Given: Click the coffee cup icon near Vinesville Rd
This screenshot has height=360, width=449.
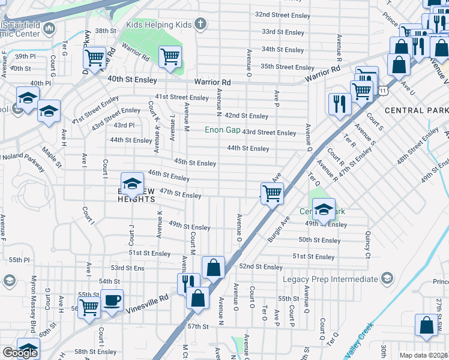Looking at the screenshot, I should (x=111, y=301).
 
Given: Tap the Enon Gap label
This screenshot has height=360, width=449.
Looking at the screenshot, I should (x=222, y=130).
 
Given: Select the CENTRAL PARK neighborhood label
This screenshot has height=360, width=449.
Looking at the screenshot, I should (x=416, y=110).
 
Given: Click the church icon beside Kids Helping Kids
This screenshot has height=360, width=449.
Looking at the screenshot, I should (x=200, y=25).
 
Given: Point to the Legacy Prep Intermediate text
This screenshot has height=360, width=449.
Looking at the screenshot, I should (x=330, y=279).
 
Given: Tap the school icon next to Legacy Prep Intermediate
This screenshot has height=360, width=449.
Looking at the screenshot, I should (x=387, y=278).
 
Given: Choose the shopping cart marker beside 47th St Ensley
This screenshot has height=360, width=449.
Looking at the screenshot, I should (x=272, y=193).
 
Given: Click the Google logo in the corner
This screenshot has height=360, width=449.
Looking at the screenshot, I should (x=20, y=353).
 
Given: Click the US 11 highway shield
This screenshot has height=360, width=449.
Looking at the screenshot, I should (x=382, y=89).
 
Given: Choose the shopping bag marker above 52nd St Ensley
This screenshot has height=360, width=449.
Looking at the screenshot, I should (x=213, y=268).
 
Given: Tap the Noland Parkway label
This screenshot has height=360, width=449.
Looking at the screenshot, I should (x=23, y=157).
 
